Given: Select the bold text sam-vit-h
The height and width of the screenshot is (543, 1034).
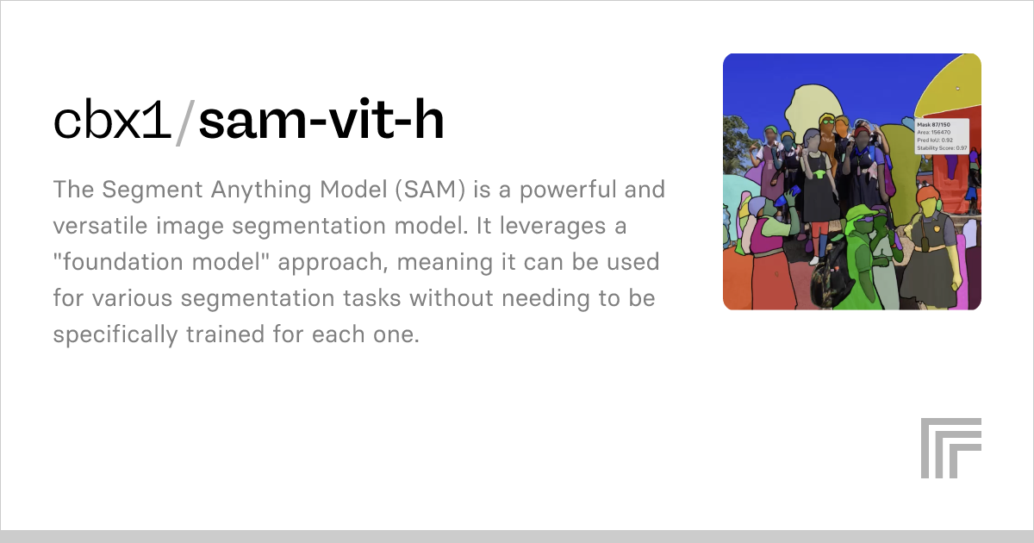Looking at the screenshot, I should coord(321,122).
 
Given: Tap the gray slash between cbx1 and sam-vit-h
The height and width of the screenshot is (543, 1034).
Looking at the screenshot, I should coord(185,122).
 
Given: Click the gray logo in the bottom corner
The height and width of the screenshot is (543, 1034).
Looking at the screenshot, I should coord(950,447).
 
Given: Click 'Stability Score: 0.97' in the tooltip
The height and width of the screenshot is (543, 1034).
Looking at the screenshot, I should coord(942,148).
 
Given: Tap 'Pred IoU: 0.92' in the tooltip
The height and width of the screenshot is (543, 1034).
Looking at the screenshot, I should coord(934,140).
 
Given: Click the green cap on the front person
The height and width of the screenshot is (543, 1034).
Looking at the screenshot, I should coord(861,212).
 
